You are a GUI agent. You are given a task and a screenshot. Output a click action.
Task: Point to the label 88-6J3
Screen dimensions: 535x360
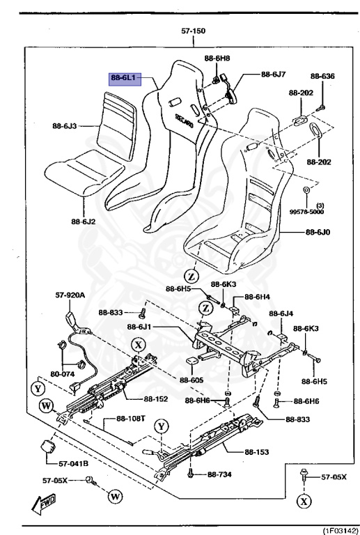coord(64,126)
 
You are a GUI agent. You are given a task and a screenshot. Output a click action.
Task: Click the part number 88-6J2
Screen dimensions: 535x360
coord(83,222)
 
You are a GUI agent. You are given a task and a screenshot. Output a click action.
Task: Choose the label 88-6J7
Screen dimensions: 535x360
coord(274,74)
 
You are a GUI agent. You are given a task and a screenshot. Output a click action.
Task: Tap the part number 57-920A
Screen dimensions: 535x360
coord(70,295)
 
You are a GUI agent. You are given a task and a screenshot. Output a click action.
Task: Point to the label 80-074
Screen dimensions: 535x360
coord(63,373)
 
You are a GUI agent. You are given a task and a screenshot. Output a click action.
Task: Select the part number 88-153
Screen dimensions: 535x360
coord(257,452)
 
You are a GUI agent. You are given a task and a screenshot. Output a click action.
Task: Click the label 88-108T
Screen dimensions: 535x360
coord(130,419)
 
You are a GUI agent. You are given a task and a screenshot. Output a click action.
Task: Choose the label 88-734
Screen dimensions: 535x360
coord(219,474)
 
